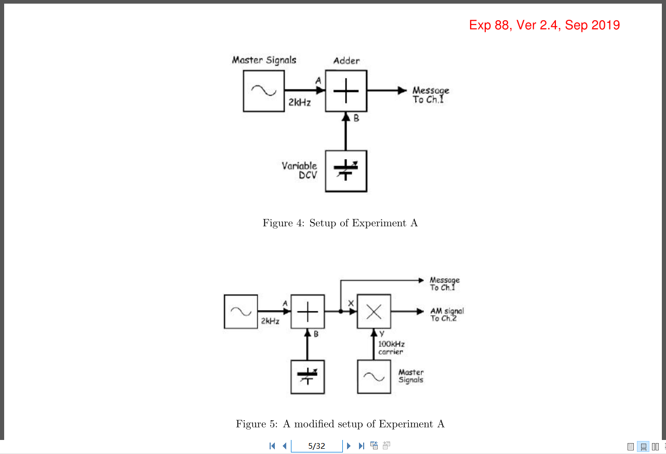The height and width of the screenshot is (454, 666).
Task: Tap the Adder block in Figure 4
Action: pyautogui.click(x=346, y=91)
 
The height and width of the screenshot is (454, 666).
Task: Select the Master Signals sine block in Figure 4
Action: pyautogui.click(x=264, y=91)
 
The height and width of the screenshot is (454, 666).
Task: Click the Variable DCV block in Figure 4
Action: pyautogui.click(x=346, y=171)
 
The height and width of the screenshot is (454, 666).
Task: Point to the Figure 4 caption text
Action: pyautogui.click(x=340, y=223)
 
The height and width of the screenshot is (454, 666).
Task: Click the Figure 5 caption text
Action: pyautogui.click(x=340, y=424)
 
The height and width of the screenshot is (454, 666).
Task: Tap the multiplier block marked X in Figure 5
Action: pyautogui.click(x=374, y=312)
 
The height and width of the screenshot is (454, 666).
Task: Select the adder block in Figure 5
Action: pyautogui.click(x=308, y=312)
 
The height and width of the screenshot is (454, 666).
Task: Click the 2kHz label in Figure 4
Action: pyautogui.click(x=300, y=103)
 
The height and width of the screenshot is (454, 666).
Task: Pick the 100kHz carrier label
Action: pyautogui.click(x=391, y=348)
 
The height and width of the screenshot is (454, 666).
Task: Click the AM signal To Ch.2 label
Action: pyautogui.click(x=447, y=315)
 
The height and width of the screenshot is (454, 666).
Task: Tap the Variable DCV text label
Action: pyautogui.click(x=299, y=171)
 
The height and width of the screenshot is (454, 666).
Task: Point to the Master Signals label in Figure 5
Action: pyautogui.click(x=411, y=376)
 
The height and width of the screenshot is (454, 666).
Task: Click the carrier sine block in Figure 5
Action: pyautogui.click(x=374, y=377)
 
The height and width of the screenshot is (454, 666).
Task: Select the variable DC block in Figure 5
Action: pyautogui.click(x=308, y=377)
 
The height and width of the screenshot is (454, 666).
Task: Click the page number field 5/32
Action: pyautogui.click(x=316, y=446)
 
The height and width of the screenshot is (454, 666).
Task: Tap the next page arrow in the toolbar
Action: pyautogui.click(x=349, y=446)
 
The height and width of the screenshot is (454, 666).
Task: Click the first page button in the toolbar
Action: pyautogui.click(x=272, y=446)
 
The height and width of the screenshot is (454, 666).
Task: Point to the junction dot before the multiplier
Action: pyautogui.click(x=340, y=312)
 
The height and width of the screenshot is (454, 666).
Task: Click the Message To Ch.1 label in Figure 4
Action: pyautogui.click(x=431, y=95)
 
